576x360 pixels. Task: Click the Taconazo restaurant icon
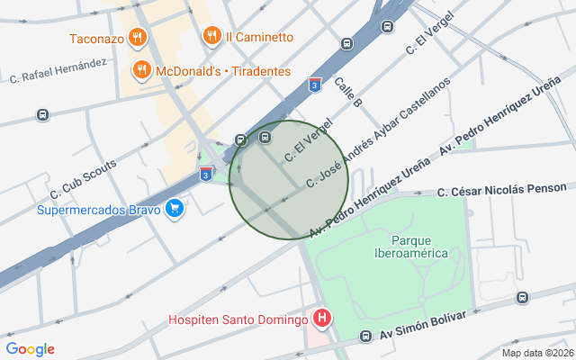click(x=137, y=38)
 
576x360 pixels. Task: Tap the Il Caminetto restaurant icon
click(x=212, y=37)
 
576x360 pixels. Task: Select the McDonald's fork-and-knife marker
click(x=141, y=70)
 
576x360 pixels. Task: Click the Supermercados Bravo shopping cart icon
click(x=175, y=211)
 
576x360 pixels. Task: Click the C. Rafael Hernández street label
click(x=58, y=70)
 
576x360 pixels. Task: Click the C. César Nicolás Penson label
click(x=502, y=190)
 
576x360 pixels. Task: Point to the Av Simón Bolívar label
click(x=422, y=326)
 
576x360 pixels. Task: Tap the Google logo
click(x=30, y=349)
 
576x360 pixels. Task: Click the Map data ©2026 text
click(x=537, y=353)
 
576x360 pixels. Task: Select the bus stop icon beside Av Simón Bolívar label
click(x=365, y=337)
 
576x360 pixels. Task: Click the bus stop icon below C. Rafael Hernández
click(x=42, y=115)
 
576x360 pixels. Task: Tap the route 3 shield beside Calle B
click(x=314, y=85)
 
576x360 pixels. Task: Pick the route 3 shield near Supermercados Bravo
click(x=206, y=175)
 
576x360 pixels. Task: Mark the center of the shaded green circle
click(x=288, y=180)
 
